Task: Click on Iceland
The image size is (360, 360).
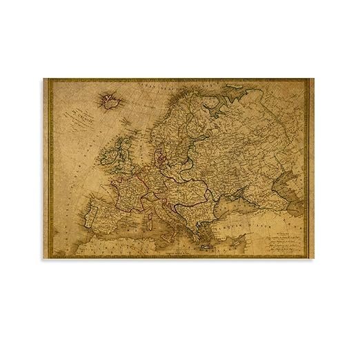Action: tap(109, 101)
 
